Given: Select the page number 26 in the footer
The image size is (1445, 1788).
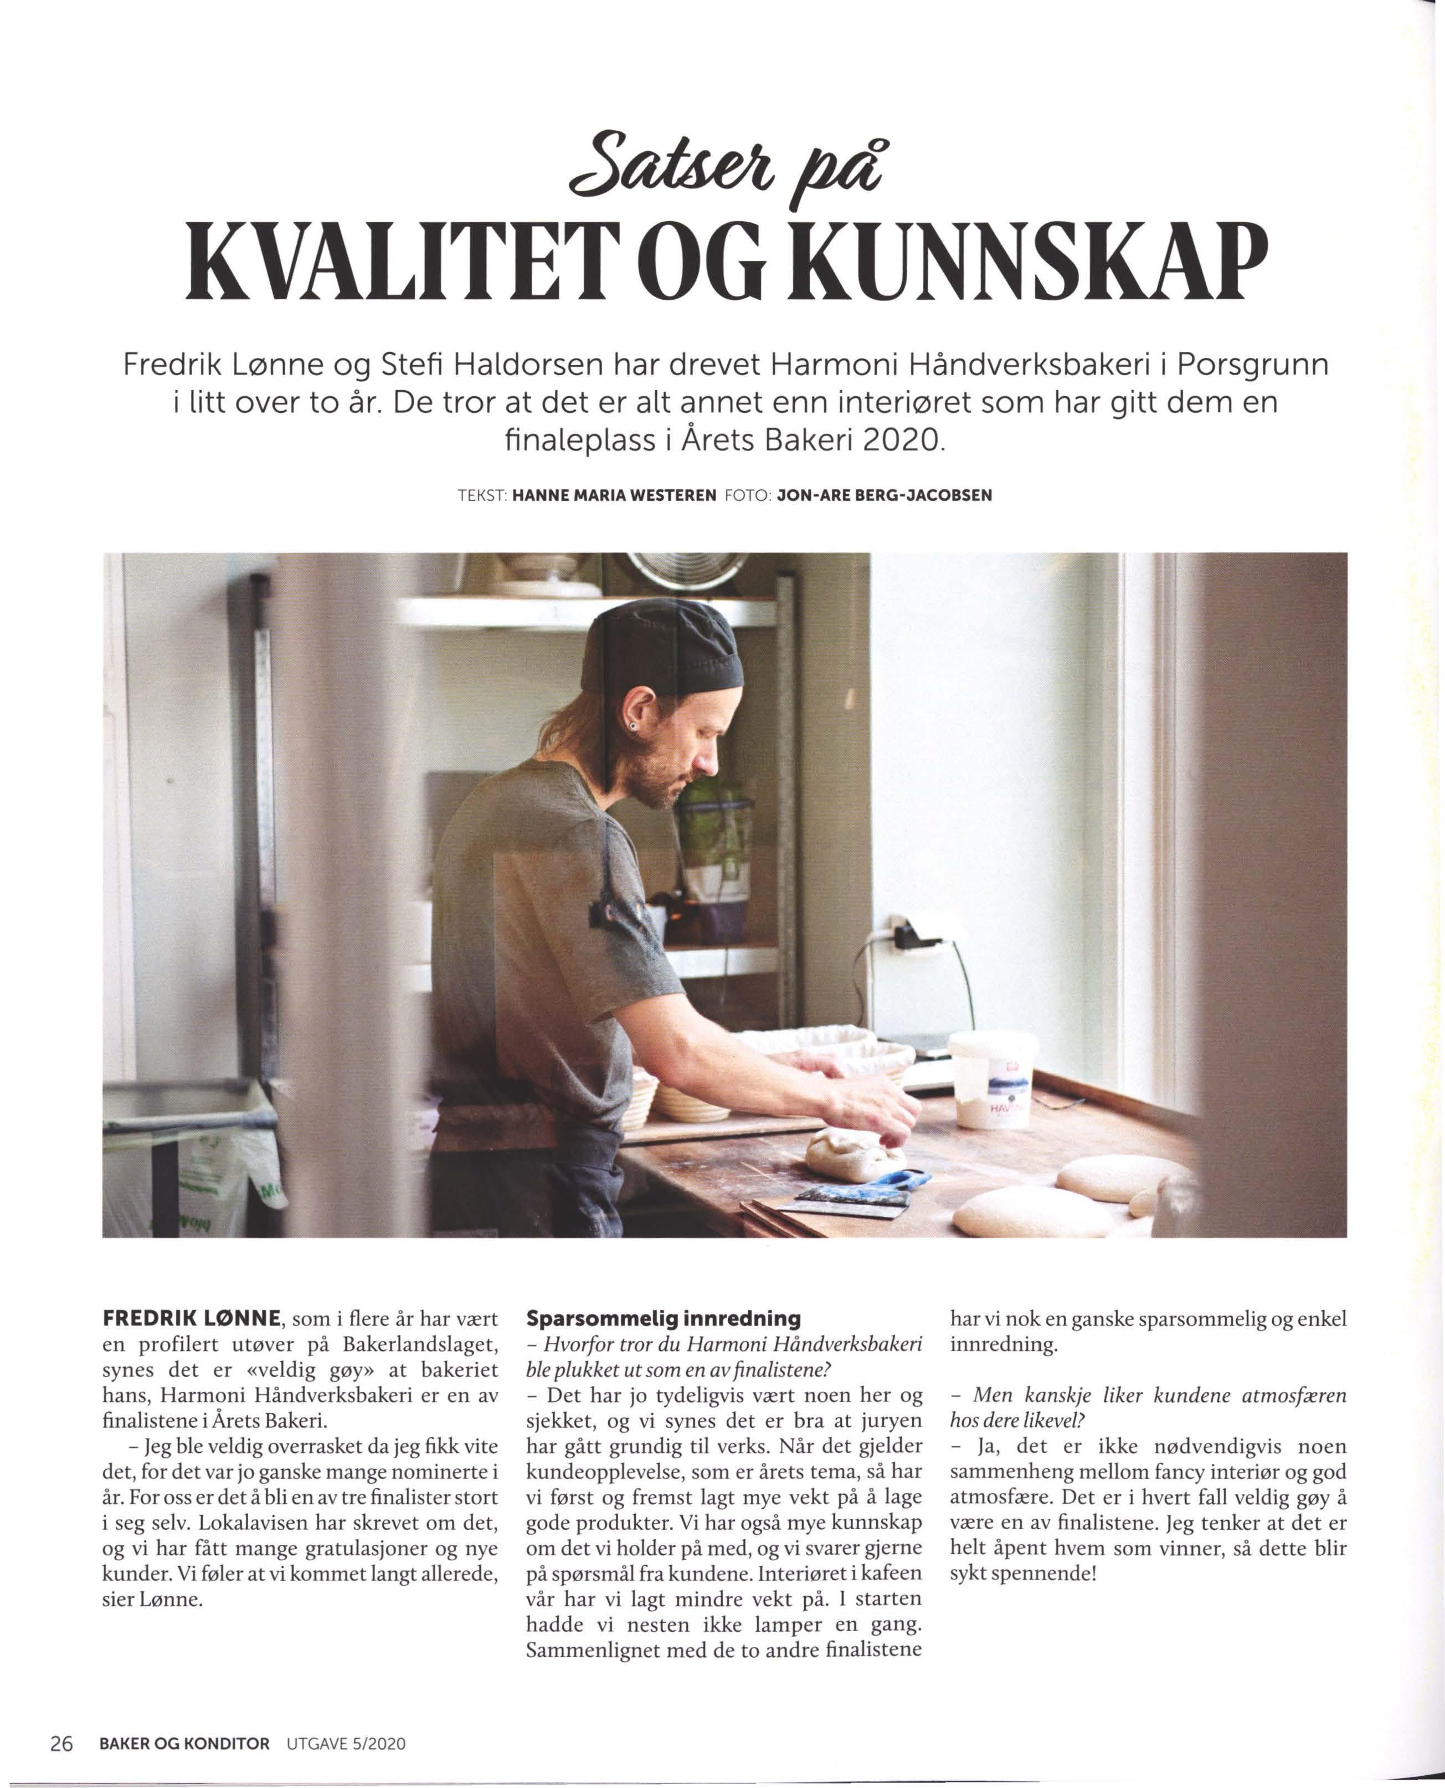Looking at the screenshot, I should pos(61,1743).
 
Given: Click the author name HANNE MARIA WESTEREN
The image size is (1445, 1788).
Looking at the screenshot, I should pos(614,495).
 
